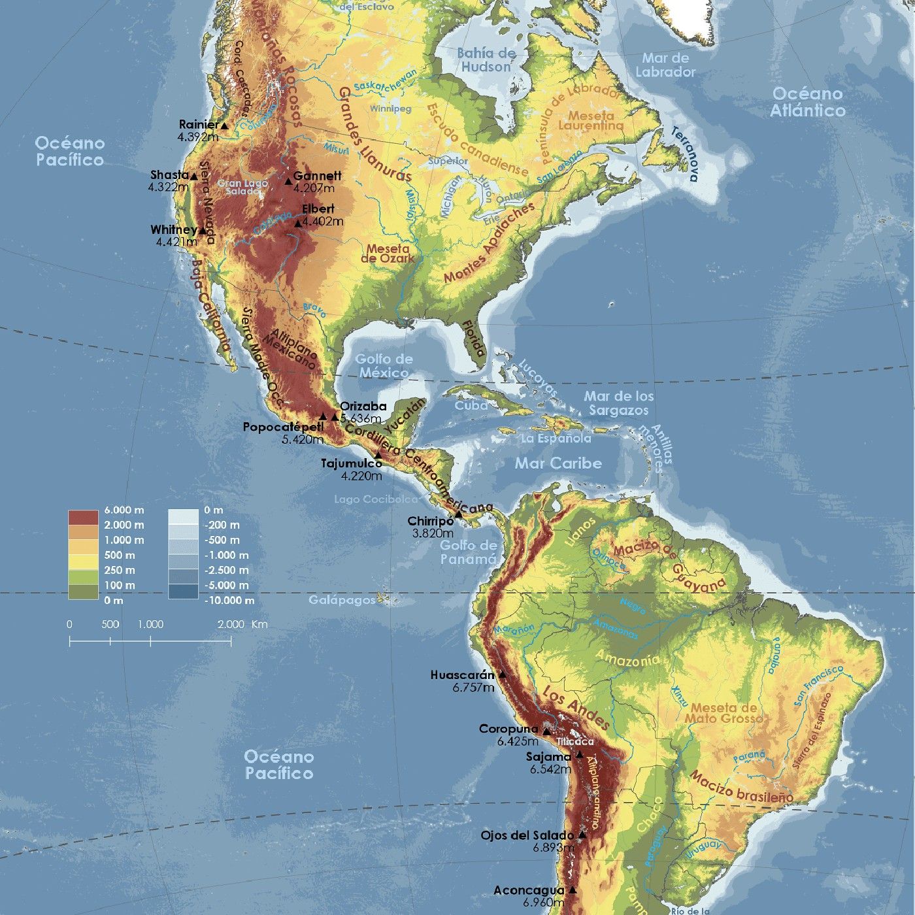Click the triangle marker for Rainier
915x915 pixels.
pyautogui.click(x=224, y=125)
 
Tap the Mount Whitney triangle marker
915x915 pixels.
pyautogui.click(x=203, y=231)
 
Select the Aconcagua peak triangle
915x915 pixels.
pyautogui.click(x=573, y=890)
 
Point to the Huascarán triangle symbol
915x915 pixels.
pyautogui.click(x=502, y=674)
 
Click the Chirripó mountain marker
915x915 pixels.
pyautogui.click(x=459, y=514)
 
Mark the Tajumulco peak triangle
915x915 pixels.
pyautogui.click(x=378, y=455)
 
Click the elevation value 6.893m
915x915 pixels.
pyautogui.click(x=553, y=848)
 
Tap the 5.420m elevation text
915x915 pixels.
pyautogui.click(x=303, y=440)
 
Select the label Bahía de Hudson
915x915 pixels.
pyautogui.click(x=486, y=60)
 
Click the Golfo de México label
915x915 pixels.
pyautogui.click(x=384, y=366)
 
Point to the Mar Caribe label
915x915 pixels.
pyautogui.click(x=557, y=463)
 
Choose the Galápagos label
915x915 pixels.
pyautogui.click(x=342, y=599)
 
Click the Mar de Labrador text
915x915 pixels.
pyautogui.click(x=665, y=65)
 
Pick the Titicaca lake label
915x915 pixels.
pyautogui.click(x=575, y=742)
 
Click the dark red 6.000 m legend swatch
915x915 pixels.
pyautogui.click(x=83, y=517)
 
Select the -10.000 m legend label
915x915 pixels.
pyautogui.click(x=229, y=600)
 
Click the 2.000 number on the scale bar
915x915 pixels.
pyautogui.click(x=231, y=624)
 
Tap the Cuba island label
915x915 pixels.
pyautogui.click(x=471, y=405)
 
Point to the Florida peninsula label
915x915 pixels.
pyautogui.click(x=473, y=338)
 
